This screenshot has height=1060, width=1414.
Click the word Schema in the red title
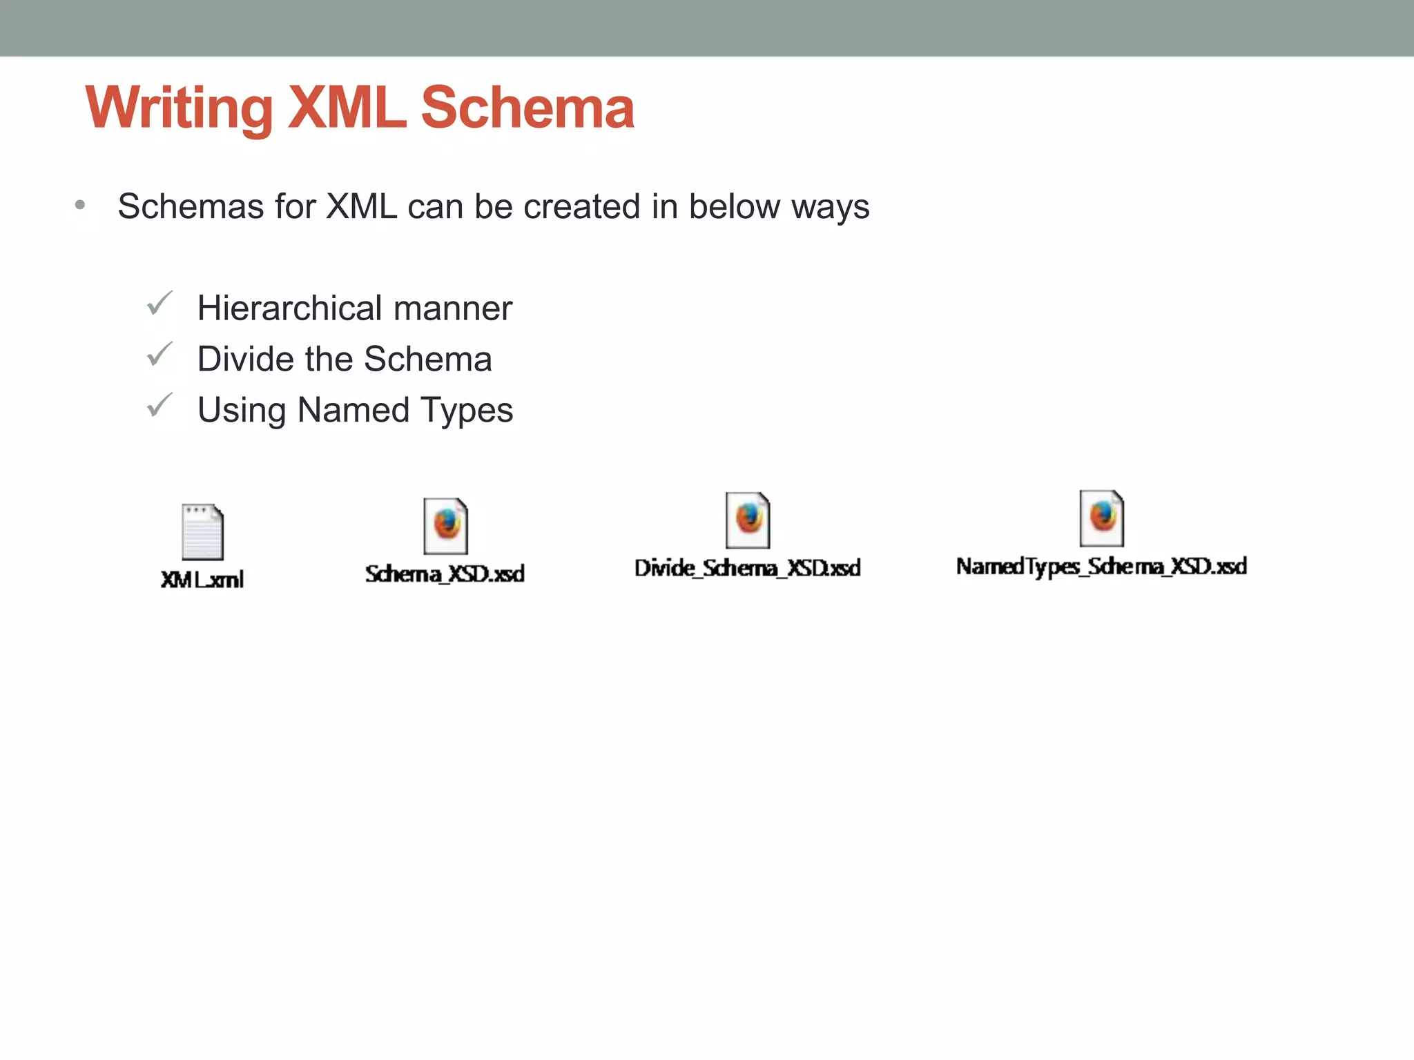(x=527, y=109)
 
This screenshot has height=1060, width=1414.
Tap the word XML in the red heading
(x=347, y=109)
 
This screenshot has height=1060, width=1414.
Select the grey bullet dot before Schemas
(x=80, y=205)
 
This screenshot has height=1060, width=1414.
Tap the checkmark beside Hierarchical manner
(x=159, y=304)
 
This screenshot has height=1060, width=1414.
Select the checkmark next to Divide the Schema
(x=159, y=355)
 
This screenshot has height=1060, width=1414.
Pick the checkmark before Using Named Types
(x=159, y=406)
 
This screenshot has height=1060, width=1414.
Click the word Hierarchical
(x=290, y=308)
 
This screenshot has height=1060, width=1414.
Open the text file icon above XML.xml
(x=202, y=531)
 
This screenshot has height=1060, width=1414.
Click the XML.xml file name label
(x=202, y=580)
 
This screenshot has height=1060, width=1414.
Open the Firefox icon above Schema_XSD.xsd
(x=446, y=526)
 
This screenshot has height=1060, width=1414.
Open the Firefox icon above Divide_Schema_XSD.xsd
(x=748, y=520)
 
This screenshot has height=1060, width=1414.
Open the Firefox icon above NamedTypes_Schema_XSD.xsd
(x=1102, y=518)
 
